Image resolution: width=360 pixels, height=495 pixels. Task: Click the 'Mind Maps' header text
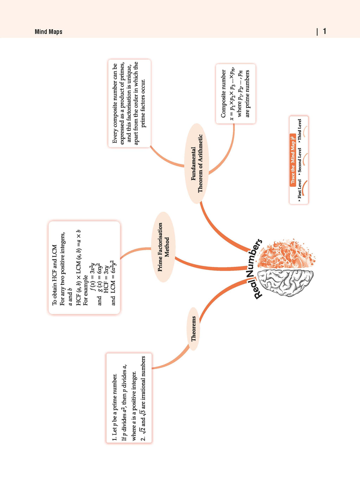point(49,32)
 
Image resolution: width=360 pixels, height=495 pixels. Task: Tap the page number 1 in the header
point(324,31)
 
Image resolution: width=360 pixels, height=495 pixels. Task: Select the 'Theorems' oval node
point(194,329)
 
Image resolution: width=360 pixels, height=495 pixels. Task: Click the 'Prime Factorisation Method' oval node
point(163,247)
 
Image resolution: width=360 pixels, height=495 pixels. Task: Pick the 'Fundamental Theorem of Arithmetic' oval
point(197,163)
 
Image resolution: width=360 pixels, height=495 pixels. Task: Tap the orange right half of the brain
point(286,254)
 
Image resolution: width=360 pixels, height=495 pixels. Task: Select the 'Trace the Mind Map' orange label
point(293,159)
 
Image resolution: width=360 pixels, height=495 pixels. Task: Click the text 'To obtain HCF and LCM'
point(54,275)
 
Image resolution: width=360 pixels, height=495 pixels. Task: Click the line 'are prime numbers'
point(247,94)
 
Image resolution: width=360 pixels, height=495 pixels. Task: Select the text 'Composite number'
point(224,94)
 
